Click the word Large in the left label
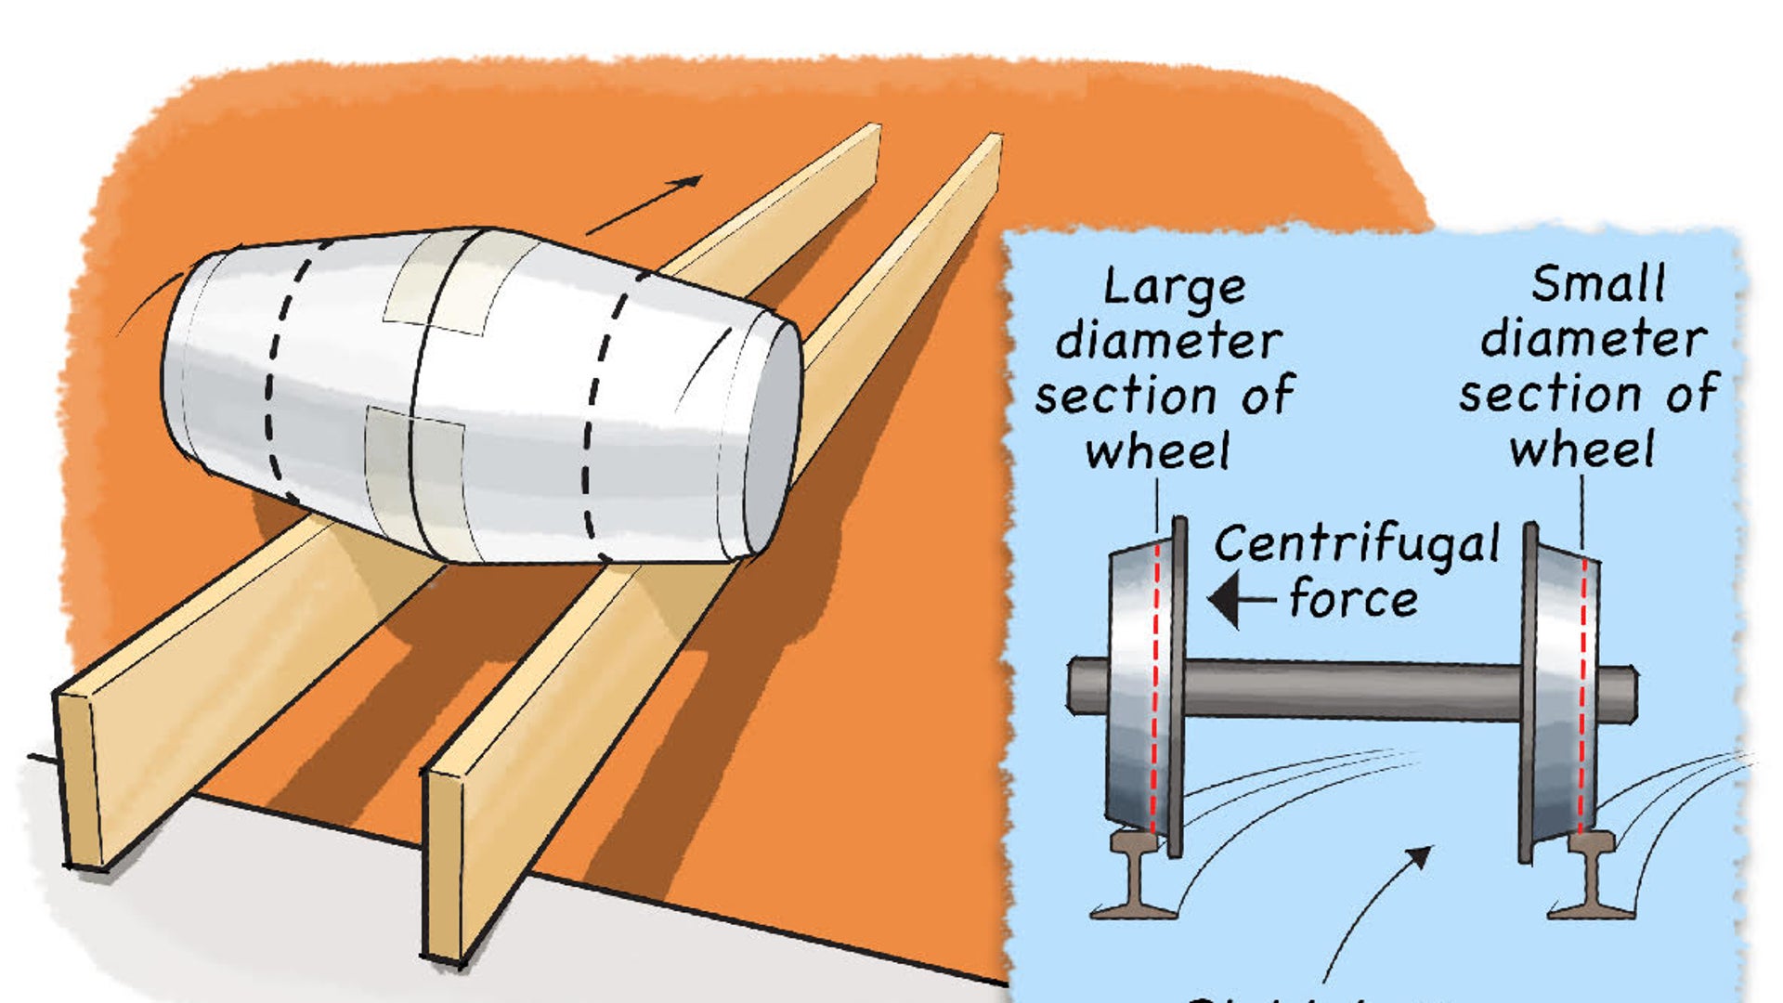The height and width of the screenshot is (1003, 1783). click(1174, 288)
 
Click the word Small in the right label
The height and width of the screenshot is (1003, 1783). click(1597, 284)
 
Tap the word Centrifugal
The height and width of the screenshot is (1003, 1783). click(1356, 545)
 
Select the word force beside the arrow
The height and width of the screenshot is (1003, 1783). click(1353, 599)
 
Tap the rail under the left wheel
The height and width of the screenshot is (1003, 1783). click(1135, 878)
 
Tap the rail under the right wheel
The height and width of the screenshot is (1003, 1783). click(1590, 878)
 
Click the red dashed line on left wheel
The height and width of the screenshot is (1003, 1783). click(1155, 687)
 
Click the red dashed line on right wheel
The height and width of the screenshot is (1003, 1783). click(1582, 687)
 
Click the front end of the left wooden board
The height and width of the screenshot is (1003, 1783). click(79, 780)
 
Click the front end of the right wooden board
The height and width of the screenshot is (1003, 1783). click(444, 864)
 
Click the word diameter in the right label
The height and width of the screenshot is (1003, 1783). click(1593, 339)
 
